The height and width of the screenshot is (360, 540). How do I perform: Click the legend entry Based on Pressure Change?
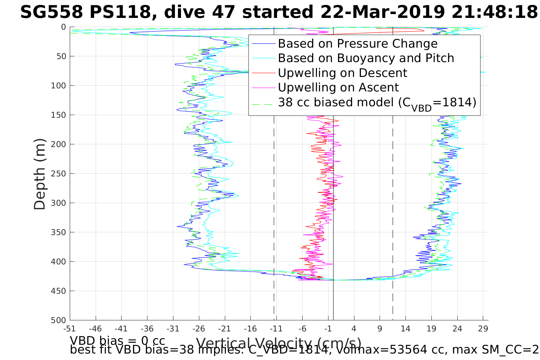click(357, 44)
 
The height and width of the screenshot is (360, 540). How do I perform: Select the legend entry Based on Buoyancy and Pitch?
click(366, 58)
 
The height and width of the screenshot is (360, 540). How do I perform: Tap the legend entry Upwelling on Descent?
click(342, 73)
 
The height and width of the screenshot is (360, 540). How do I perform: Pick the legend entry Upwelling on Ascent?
click(338, 87)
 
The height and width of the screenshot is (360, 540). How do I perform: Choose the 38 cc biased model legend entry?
click(377, 102)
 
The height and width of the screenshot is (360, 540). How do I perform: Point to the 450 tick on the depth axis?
click(58, 291)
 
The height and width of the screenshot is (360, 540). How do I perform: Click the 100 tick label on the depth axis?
click(58, 86)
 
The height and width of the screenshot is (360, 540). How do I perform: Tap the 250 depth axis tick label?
click(58, 174)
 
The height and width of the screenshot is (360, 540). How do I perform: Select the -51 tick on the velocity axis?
click(69, 328)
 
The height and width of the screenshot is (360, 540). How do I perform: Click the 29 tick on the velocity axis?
click(483, 328)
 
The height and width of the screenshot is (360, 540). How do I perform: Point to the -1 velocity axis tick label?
click(328, 328)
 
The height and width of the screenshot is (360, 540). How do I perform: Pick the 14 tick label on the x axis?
click(405, 328)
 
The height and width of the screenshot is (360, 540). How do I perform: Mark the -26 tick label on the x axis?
click(199, 328)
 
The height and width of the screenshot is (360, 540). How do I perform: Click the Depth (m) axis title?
click(40, 174)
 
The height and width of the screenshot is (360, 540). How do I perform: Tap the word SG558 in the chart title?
click(51, 13)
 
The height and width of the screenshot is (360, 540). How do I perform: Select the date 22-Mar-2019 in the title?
click(382, 13)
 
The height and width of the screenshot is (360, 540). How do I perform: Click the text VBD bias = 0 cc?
click(117, 340)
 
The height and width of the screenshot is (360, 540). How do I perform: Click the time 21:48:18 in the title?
click(494, 13)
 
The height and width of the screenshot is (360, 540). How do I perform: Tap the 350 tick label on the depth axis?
click(58, 232)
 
